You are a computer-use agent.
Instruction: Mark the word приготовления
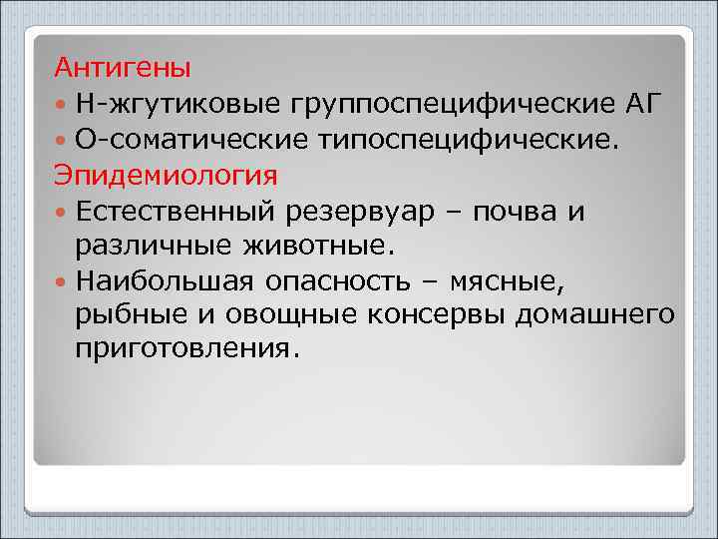[x=186, y=349]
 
